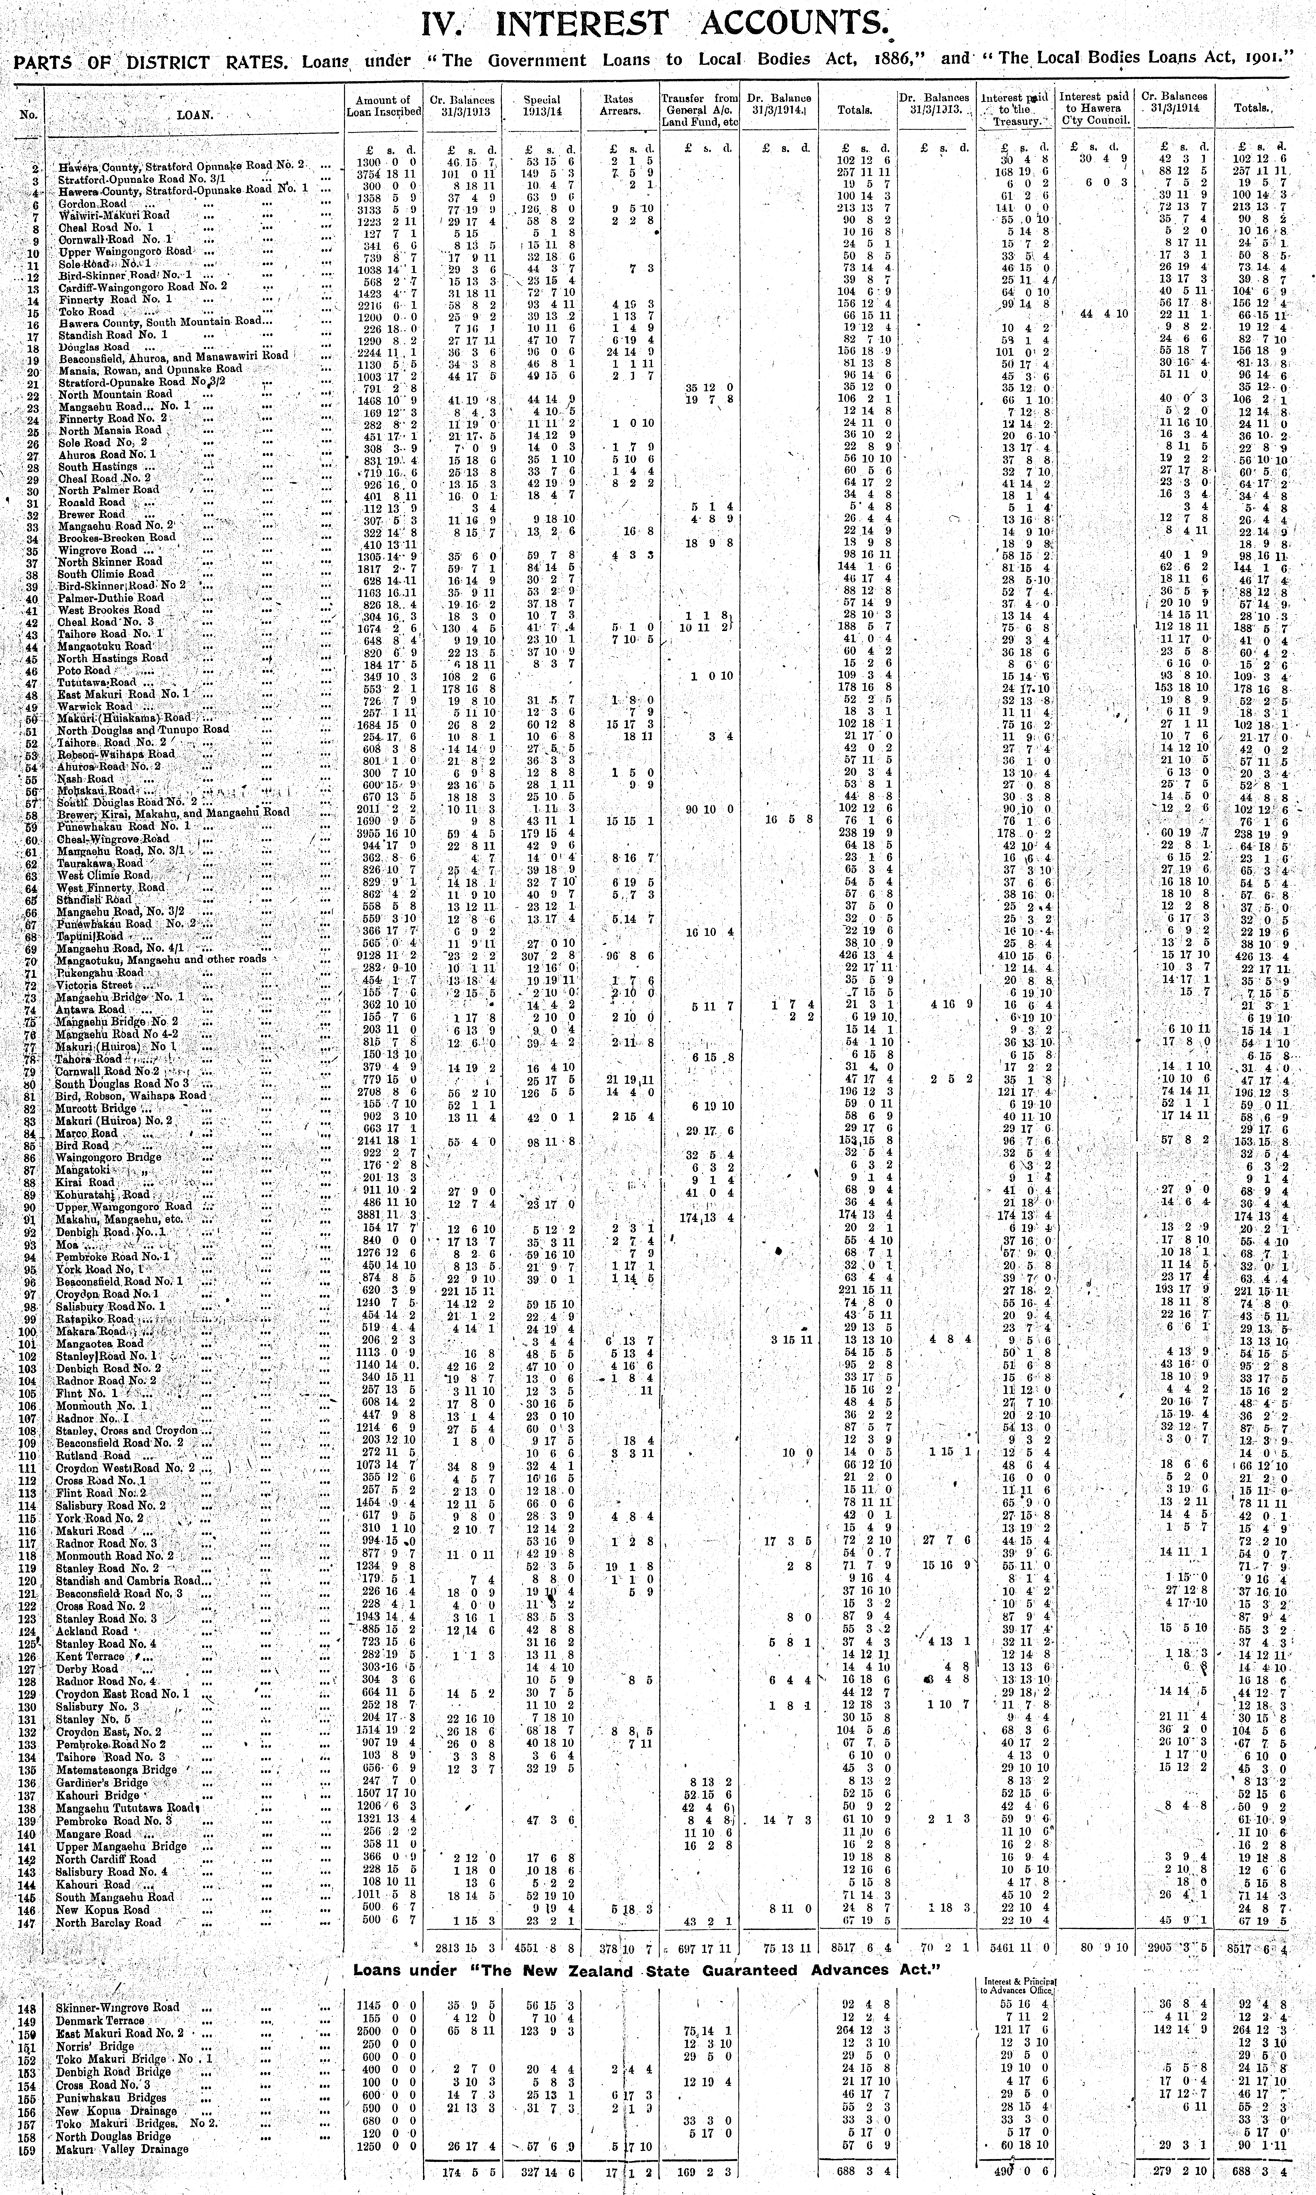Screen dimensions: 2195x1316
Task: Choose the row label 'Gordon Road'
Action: click(89, 203)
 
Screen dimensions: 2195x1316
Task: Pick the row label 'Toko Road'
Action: click(87, 312)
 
